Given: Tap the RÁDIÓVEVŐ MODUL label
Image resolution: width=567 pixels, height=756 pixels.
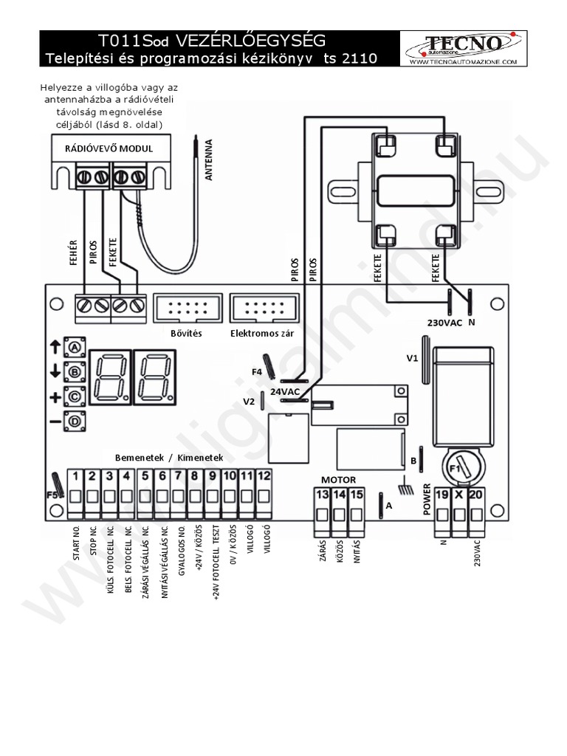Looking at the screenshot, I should [x=109, y=148].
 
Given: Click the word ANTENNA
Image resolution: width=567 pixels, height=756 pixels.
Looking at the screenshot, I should [x=209, y=159].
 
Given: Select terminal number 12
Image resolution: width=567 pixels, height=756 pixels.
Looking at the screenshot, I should [x=264, y=476].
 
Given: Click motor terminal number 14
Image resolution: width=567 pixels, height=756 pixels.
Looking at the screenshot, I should [x=340, y=495].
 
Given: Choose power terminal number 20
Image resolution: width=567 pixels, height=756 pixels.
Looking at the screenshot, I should [x=475, y=495].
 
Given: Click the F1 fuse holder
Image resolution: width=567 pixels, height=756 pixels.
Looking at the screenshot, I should [x=459, y=467].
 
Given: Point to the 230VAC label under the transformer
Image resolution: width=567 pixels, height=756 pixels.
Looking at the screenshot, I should [x=444, y=322].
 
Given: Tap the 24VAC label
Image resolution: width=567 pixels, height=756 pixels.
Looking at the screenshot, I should [x=285, y=391].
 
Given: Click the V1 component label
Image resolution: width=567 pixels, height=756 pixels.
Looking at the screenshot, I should [x=412, y=358].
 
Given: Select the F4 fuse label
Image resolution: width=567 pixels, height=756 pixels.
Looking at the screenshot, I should [x=257, y=372].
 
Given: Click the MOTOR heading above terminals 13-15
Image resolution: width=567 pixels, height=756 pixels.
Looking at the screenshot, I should [x=339, y=479].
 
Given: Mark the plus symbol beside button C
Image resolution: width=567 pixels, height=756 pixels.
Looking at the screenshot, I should [x=55, y=397].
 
